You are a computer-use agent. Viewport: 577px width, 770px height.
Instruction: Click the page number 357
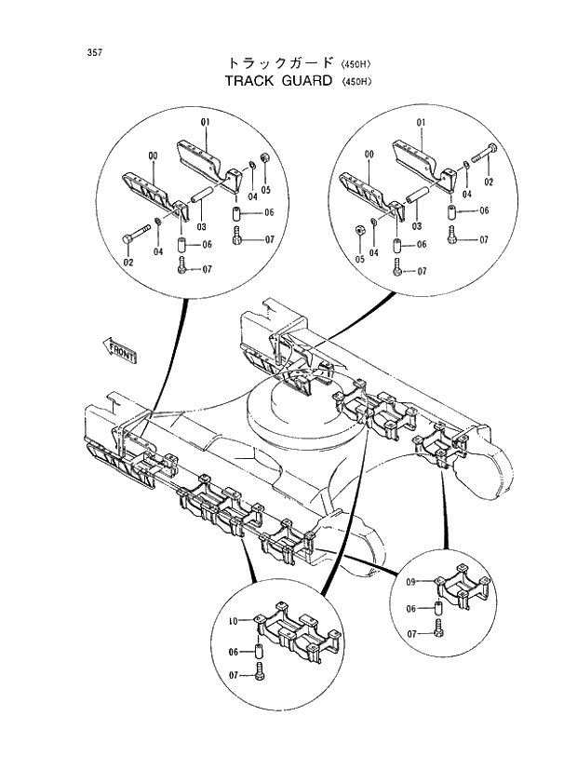95,52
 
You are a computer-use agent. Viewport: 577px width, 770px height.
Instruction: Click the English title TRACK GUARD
279,81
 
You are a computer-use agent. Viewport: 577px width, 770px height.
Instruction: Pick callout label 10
233,619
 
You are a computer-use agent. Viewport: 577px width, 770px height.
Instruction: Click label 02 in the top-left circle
128,263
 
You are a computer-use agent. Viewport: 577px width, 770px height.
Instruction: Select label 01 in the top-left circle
204,122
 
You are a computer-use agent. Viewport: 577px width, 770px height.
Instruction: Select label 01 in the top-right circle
421,122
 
